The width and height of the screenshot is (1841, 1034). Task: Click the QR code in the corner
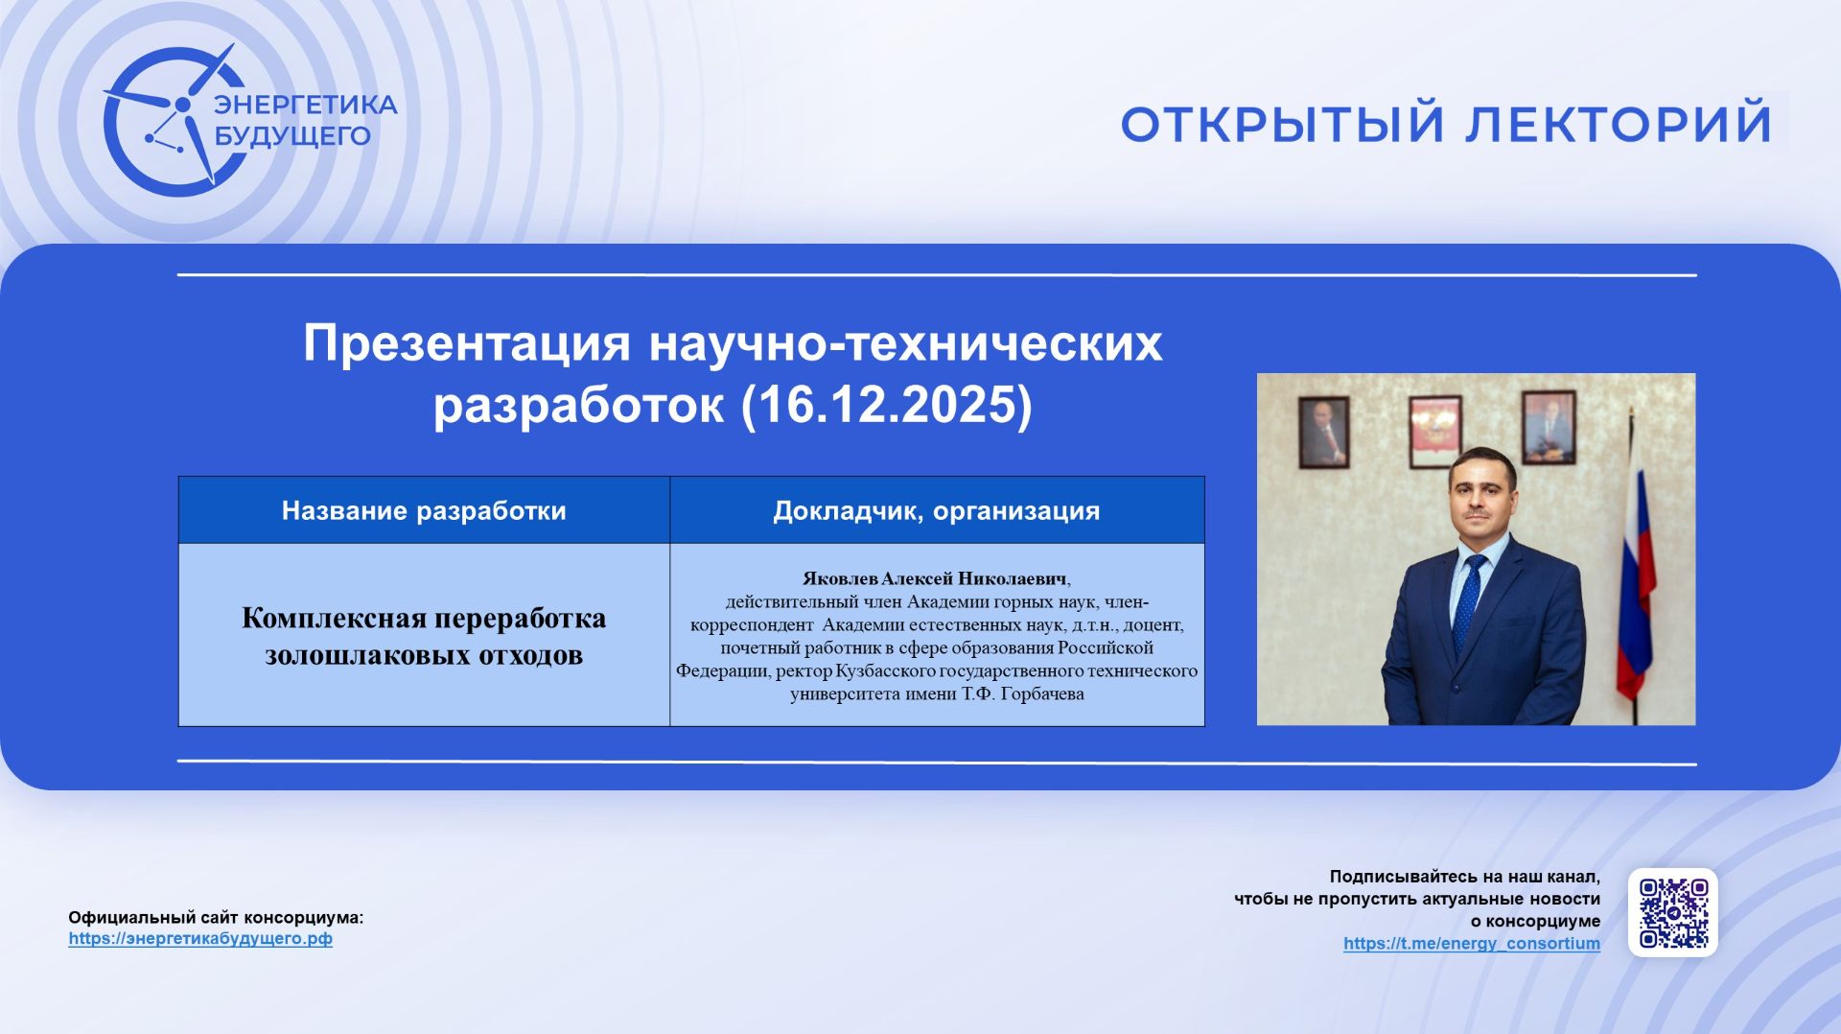click(1672, 912)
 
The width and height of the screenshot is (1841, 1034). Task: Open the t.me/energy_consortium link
click(1471, 944)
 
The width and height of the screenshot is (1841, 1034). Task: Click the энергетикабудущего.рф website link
click(200, 939)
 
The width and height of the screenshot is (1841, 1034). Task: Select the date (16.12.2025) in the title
click(887, 405)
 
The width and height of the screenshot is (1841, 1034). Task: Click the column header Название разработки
click(424, 510)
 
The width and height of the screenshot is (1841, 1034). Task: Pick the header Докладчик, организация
click(936, 510)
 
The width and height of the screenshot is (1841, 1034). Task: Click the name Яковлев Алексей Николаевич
click(934, 579)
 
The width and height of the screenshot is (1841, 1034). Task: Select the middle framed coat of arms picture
click(1434, 431)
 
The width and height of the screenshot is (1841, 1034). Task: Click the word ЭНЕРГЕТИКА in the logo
click(305, 105)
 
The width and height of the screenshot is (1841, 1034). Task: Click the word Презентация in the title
click(467, 343)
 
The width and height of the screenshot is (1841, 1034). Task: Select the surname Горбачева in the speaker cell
click(1041, 694)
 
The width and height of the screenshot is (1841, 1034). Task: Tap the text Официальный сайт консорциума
click(216, 918)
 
